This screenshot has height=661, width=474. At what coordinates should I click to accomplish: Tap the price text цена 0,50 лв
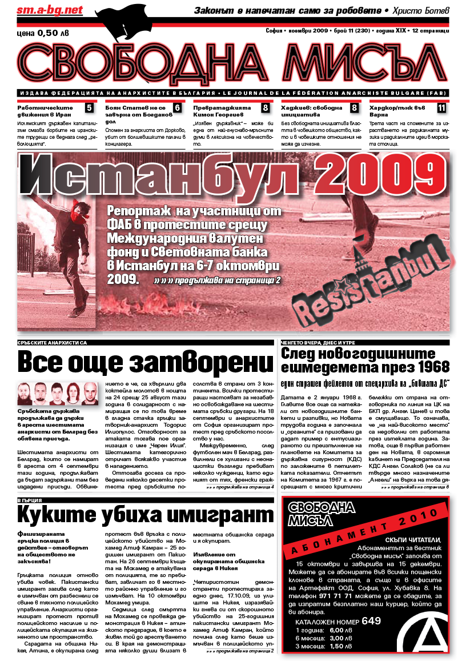43,33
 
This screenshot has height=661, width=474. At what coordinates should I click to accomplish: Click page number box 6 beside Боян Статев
177,107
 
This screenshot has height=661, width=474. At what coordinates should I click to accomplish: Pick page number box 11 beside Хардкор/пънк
442,107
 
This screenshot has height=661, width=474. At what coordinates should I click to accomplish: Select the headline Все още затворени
146,362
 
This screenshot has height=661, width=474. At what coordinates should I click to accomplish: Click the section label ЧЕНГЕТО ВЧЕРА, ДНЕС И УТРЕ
324,342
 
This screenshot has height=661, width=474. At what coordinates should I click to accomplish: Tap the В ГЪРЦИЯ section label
30,500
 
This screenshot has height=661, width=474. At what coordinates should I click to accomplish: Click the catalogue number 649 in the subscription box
371,621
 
